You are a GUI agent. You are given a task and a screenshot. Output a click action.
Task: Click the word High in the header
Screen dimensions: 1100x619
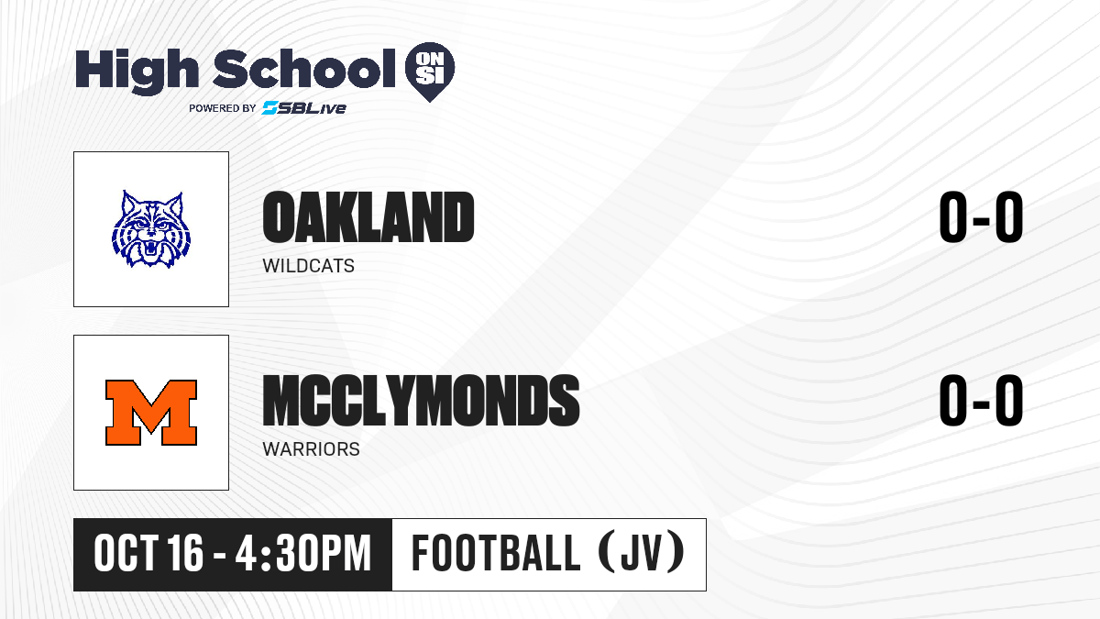point(137,71)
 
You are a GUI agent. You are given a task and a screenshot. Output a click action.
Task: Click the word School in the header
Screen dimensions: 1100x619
point(304,69)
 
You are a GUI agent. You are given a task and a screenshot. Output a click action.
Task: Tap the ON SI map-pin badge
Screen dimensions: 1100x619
point(430,72)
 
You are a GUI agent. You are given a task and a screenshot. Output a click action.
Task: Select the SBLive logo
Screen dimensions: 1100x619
point(304,107)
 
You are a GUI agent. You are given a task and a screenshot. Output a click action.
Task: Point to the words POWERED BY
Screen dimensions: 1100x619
point(223,108)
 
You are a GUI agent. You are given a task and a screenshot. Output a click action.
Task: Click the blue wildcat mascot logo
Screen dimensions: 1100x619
point(151,229)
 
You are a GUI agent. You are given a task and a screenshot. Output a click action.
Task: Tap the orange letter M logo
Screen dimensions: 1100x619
point(151,413)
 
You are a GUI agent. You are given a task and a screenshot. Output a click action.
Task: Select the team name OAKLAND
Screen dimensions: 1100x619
point(368,217)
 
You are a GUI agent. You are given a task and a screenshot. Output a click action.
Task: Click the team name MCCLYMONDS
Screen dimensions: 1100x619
point(421,401)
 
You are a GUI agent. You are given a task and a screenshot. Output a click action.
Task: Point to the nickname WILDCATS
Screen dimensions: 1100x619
point(308,266)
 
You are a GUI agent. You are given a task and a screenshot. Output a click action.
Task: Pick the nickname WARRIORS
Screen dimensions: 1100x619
point(312,449)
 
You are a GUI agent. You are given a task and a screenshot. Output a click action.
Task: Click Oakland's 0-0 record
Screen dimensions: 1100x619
point(981,217)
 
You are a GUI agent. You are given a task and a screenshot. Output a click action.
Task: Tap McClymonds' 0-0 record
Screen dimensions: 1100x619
point(981,401)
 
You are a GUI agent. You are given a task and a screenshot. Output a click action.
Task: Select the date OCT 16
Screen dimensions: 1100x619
point(148,554)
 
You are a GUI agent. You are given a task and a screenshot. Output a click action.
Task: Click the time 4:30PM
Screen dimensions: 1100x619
point(303,554)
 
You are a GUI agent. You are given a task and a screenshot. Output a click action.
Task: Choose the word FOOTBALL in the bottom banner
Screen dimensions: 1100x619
point(496,554)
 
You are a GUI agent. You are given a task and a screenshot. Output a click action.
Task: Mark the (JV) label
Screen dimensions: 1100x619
point(642,552)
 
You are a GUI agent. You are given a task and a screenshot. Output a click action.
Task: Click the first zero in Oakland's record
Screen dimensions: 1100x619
point(953,217)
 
